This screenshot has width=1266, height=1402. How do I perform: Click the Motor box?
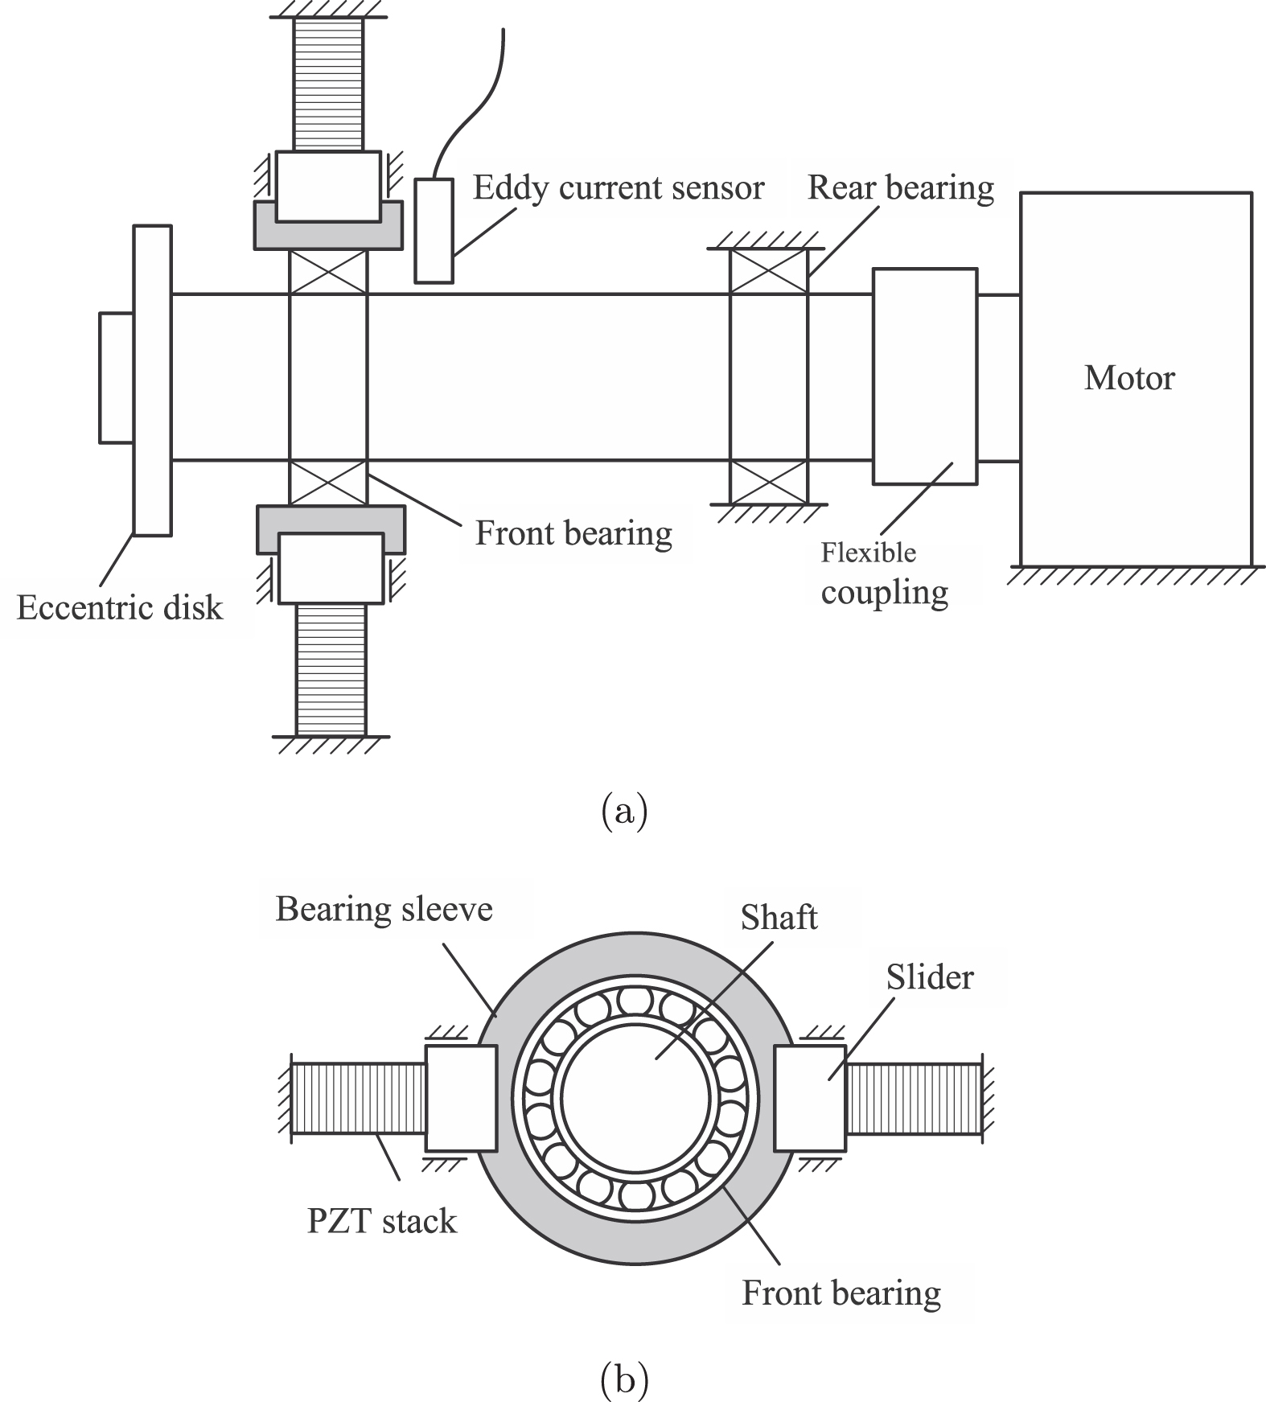coord(1135,378)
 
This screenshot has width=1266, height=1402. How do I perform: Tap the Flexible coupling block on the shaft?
coord(924,376)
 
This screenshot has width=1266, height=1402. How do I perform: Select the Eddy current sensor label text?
coord(618,187)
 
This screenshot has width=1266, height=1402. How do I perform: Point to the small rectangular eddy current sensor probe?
coord(434,231)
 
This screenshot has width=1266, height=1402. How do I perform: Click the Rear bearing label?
coord(900,187)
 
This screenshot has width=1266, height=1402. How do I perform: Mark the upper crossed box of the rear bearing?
coord(768,271)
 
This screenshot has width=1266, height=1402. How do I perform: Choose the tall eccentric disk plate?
coord(152,380)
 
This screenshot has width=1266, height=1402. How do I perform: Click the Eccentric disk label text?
coord(119,607)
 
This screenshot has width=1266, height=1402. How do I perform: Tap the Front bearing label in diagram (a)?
coord(573,533)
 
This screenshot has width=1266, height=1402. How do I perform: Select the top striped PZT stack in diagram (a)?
coord(328,84)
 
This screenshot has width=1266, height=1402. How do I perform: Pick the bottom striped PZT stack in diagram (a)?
coord(331,669)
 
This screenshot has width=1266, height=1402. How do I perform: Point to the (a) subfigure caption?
coord(624,812)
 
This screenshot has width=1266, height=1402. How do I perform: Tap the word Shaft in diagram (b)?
coord(779,918)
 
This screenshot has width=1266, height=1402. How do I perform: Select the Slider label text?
coord(930,977)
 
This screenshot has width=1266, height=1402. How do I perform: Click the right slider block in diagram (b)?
coord(809,1098)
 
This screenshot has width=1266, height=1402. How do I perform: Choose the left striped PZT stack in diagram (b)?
coord(358,1098)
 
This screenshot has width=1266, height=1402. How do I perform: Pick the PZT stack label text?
coord(381,1221)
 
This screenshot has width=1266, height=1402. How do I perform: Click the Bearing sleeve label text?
coord(384,910)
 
